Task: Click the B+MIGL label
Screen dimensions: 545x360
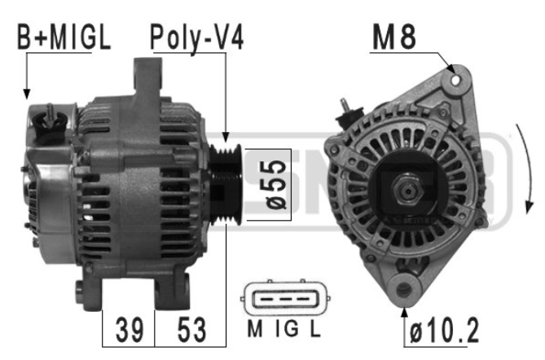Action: pyautogui.click(x=64, y=37)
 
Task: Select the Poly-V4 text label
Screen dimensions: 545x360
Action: pyautogui.click(x=196, y=38)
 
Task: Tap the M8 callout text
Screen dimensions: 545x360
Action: pyautogui.click(x=394, y=37)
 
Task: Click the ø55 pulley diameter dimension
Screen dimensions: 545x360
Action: pyautogui.click(x=276, y=185)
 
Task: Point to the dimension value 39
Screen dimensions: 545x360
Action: pyautogui.click(x=130, y=330)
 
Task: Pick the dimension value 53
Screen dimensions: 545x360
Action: pyautogui.click(x=191, y=330)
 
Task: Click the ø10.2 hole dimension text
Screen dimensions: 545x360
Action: pyautogui.click(x=445, y=331)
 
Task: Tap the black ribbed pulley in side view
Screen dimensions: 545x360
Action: pyautogui.click(x=226, y=184)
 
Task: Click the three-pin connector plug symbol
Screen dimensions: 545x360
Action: pyautogui.click(x=284, y=298)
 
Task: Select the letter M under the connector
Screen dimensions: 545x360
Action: pyautogui.click(x=255, y=329)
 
